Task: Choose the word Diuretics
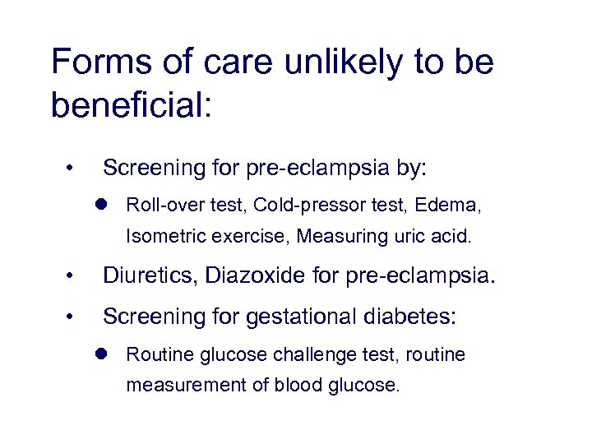(x=148, y=275)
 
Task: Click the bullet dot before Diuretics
(x=72, y=276)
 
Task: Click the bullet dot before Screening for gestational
(x=72, y=316)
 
